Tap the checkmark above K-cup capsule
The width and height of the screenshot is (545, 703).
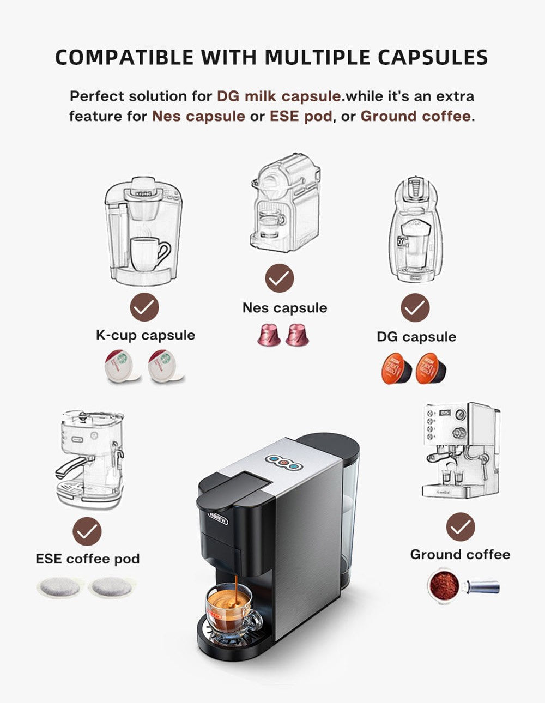pyautogui.click(x=144, y=307)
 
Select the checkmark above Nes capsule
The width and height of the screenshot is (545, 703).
pyautogui.click(x=280, y=278)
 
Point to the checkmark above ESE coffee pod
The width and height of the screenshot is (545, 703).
pyautogui.click(x=87, y=531)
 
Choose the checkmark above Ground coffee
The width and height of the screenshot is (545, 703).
pyautogui.click(x=461, y=527)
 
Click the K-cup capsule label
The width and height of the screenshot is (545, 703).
pyautogui.click(x=145, y=335)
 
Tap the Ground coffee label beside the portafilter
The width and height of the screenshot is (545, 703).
pyautogui.click(x=460, y=554)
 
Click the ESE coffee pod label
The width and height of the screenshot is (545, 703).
pyautogui.click(x=88, y=559)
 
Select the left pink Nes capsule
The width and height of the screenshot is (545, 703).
pyautogui.click(x=269, y=335)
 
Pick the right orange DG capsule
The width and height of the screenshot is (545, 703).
pyautogui.click(x=431, y=369)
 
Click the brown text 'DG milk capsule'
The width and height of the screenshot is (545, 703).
pyautogui.click(x=279, y=96)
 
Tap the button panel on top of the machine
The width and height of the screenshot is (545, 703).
pyautogui.click(x=282, y=462)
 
